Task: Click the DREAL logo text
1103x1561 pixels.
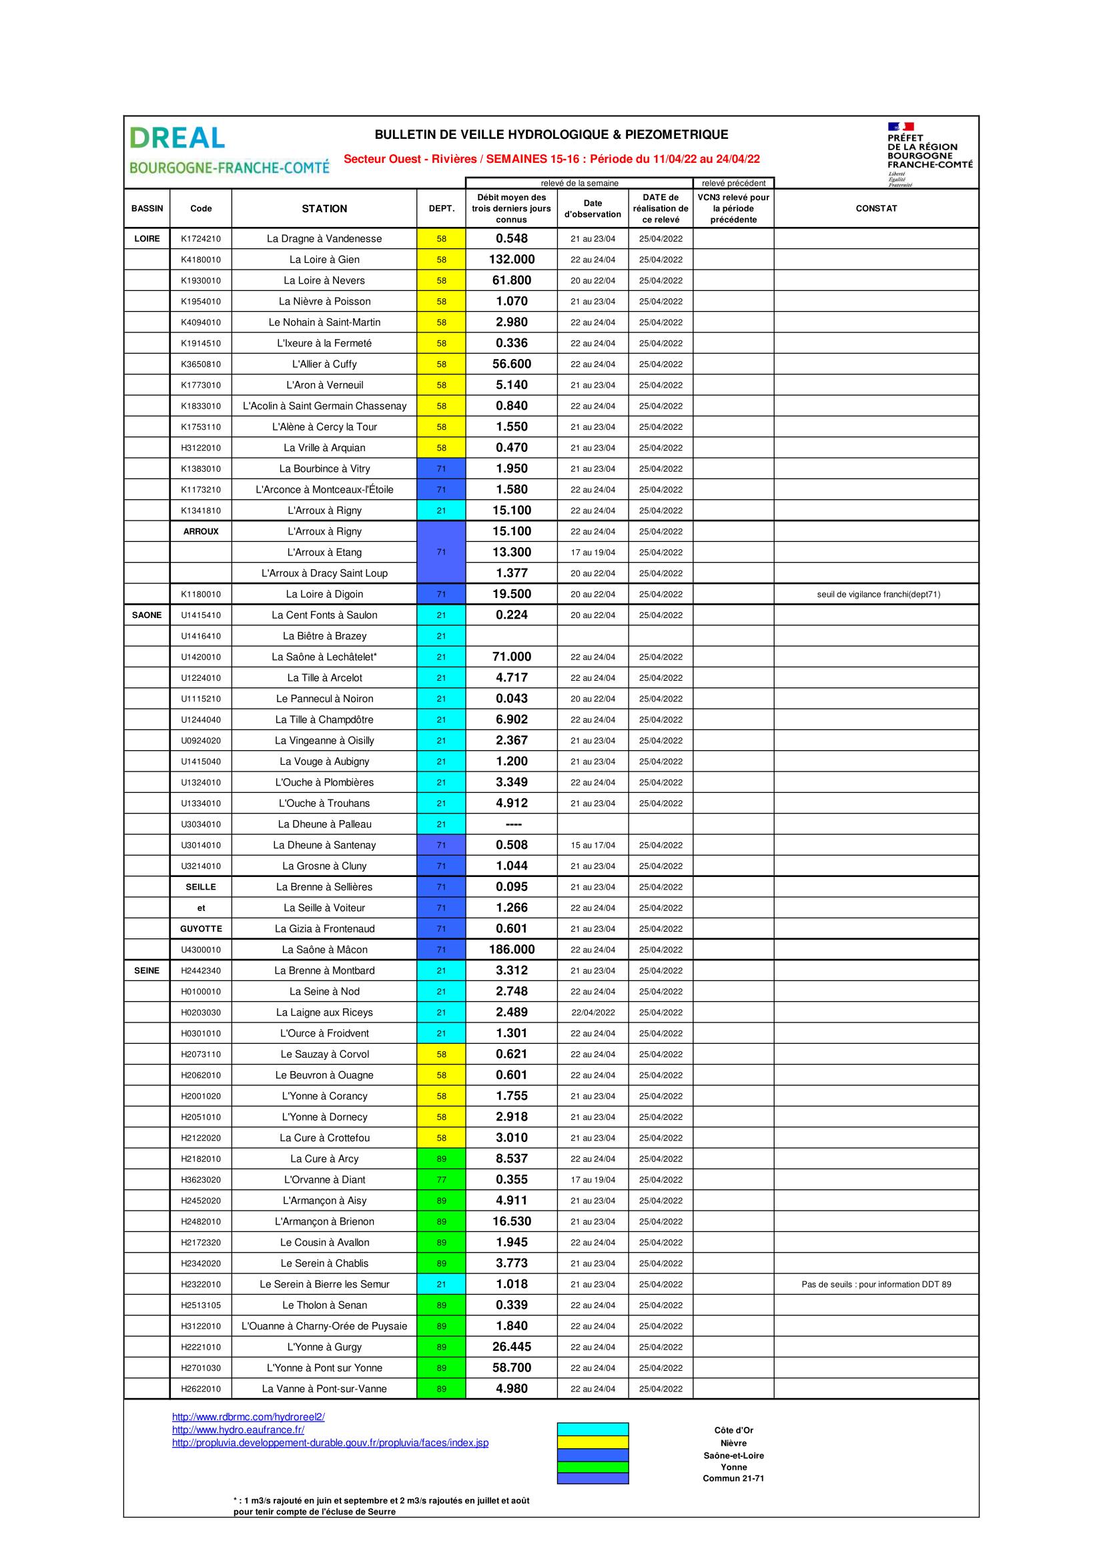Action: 177,138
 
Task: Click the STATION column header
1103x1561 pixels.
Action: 324,209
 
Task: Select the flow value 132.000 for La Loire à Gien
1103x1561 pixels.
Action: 512,260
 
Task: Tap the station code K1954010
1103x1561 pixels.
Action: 200,302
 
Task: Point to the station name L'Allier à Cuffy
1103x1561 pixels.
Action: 324,364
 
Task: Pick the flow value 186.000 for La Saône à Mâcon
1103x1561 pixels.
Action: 512,950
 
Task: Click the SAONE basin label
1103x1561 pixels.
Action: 147,615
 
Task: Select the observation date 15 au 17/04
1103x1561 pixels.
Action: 593,845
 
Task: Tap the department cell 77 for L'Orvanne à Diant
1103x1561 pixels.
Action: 441,1179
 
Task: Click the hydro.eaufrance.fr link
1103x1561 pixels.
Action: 238,1430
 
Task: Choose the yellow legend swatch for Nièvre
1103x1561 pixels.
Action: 593,1443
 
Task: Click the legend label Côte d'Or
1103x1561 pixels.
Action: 733,1430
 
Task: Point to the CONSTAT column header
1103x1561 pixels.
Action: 876,209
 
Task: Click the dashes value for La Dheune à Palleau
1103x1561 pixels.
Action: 512,824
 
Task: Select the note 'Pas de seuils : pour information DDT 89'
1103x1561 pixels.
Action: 876,1284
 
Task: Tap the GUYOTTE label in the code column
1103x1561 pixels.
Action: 200,929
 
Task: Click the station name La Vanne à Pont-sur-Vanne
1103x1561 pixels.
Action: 324,1389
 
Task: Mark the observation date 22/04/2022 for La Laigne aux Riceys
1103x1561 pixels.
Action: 593,1012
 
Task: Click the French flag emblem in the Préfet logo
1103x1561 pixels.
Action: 900,126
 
